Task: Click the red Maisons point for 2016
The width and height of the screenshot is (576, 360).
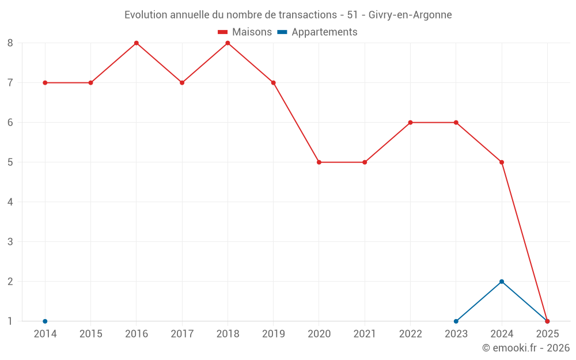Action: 137,43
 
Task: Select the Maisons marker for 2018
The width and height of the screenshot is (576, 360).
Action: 228,43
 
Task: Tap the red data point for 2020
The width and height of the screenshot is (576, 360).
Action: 319,162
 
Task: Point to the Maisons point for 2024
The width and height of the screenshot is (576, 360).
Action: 502,162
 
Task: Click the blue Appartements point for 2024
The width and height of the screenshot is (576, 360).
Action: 502,282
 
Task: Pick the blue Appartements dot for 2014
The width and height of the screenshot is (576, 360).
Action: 45,321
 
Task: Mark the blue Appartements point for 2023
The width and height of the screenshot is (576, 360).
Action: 456,321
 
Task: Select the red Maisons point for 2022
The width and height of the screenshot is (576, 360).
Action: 410,122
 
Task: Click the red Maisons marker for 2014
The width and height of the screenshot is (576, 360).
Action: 45,82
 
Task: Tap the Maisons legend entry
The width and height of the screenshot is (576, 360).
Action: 245,32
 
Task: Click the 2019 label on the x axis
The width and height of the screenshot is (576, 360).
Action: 273,334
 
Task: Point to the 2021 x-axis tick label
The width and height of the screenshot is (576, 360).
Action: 365,334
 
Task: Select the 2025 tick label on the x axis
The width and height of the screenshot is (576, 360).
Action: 547,334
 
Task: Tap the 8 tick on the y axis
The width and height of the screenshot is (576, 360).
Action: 10,43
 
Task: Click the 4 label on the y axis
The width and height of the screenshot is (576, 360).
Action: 10,202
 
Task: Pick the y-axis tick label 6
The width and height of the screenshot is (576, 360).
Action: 10,122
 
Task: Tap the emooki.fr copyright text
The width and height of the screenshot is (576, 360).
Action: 525,348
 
